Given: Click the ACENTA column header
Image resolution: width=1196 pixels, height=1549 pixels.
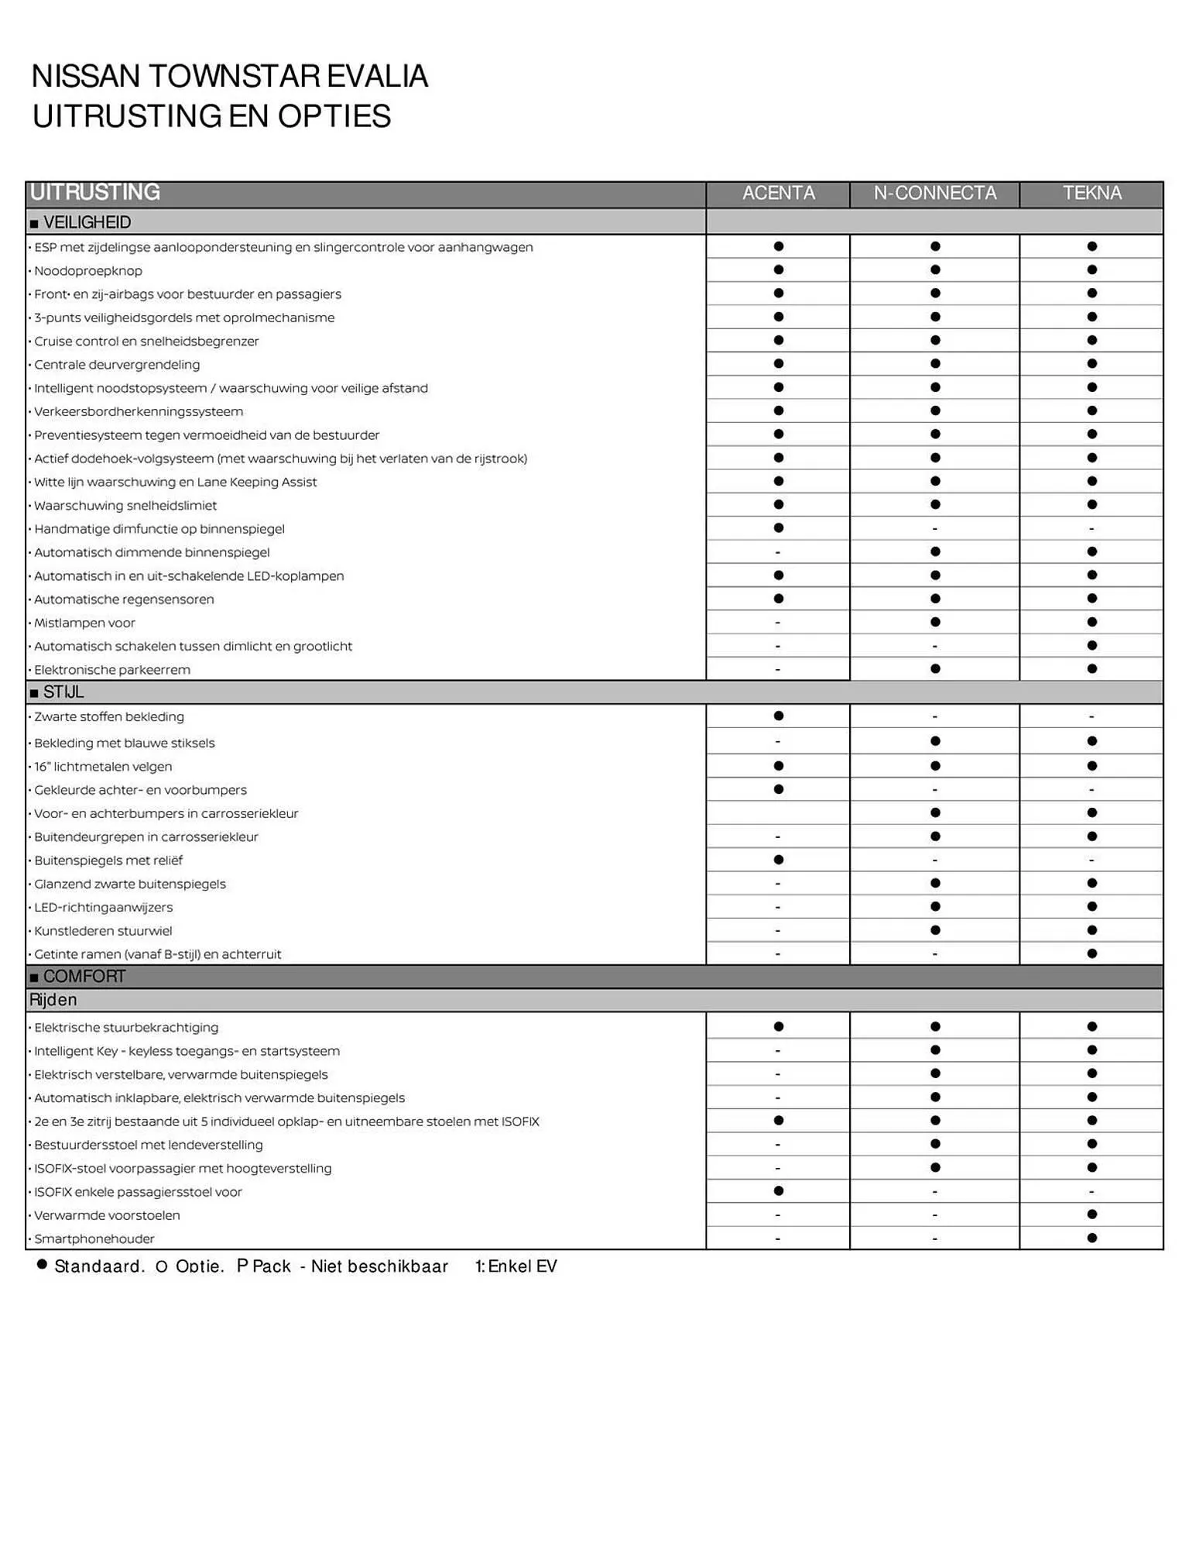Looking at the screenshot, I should (x=778, y=193).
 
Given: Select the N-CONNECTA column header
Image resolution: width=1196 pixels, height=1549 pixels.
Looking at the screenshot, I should (x=934, y=193).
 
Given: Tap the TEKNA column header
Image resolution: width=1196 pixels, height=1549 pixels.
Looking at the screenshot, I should (x=1091, y=193).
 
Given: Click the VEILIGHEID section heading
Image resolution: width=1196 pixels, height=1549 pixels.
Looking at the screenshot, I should (x=87, y=222).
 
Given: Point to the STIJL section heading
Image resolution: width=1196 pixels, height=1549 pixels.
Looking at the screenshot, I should (x=63, y=692).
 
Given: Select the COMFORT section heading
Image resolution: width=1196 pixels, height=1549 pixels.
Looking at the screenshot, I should (x=84, y=976).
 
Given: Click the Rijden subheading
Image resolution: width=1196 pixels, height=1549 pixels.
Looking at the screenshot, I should (x=53, y=1000).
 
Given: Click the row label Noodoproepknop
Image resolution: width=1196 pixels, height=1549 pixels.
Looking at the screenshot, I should (x=88, y=271).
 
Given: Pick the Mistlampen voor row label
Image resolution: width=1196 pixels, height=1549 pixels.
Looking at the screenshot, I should (x=84, y=623).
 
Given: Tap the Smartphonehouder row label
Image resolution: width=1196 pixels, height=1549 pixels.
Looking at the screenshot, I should (x=94, y=1238).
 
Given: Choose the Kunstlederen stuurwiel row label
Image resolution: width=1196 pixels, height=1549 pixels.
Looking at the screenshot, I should (x=103, y=931).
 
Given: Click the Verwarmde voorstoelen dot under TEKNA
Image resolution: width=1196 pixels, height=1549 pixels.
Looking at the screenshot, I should (x=1091, y=1214).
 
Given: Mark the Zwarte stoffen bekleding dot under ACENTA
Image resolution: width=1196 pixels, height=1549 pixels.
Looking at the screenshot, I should (x=778, y=716).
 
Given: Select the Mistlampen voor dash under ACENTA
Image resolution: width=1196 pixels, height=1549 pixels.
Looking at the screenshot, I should (x=778, y=623).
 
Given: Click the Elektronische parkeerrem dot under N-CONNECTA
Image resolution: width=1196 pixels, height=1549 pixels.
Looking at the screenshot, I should (x=934, y=668).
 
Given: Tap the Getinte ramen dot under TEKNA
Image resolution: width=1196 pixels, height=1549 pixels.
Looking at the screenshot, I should (x=1091, y=953).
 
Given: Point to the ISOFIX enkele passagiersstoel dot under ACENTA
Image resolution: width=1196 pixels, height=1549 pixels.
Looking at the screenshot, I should (x=778, y=1190).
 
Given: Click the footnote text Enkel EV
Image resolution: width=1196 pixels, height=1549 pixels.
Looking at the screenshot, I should (x=522, y=1266).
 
